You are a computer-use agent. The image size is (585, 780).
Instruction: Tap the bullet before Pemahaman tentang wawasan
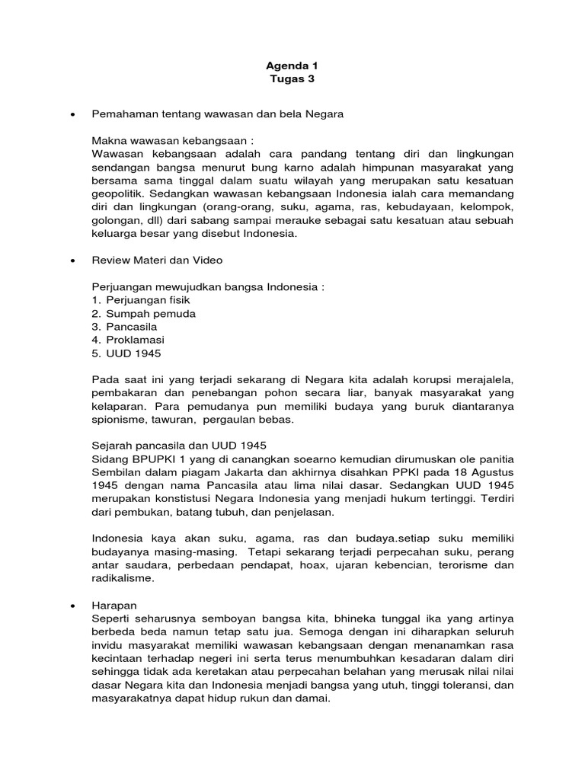click(72, 114)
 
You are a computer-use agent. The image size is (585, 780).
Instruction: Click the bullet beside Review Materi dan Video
click(72, 261)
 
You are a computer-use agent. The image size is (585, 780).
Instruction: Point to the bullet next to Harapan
click(72, 604)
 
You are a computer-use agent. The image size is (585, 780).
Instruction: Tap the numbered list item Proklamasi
click(135, 340)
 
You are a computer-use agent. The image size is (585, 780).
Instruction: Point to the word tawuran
click(174, 420)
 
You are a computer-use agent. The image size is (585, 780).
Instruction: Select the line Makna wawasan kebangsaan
click(172, 141)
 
